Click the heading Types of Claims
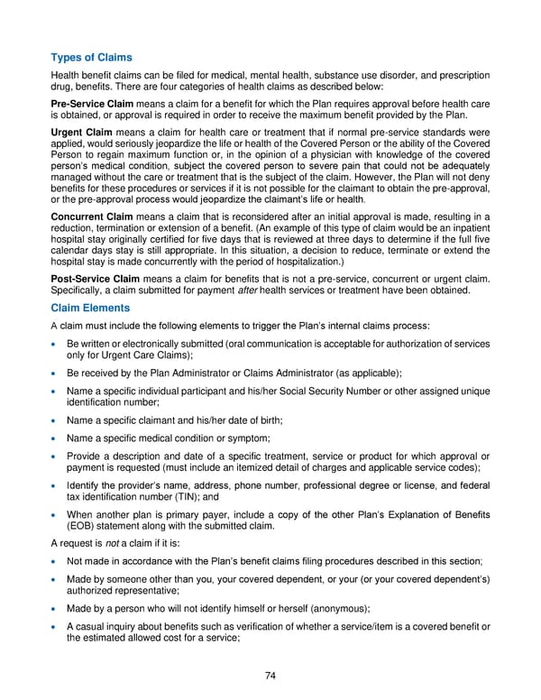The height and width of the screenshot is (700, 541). pyautogui.click(x=91, y=57)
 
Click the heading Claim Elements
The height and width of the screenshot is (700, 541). pyautogui.click(x=93, y=308)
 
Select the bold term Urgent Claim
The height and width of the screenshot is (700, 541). pyautogui.click(x=82, y=134)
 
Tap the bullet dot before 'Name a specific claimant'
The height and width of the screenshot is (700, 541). pyautogui.click(x=56, y=419)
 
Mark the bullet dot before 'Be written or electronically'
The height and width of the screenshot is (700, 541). pyautogui.click(x=56, y=345)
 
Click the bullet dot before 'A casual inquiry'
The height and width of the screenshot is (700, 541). pyautogui.click(x=56, y=627)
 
